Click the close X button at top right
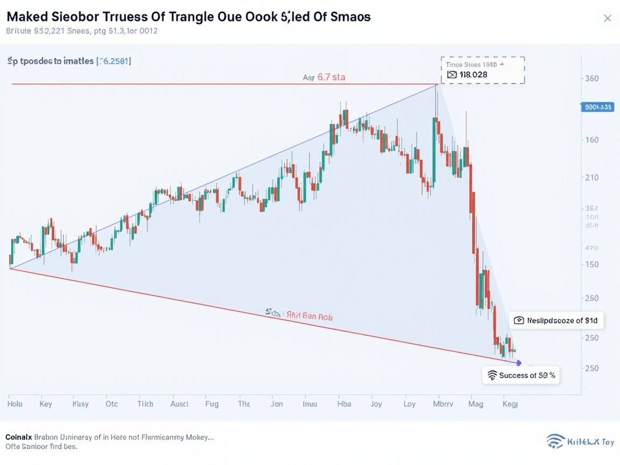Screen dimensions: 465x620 607,18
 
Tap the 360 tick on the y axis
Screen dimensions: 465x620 591,79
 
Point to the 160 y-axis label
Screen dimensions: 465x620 591,140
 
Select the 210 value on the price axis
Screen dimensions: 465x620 591,178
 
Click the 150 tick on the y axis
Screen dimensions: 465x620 591,264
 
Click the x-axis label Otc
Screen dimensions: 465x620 112,404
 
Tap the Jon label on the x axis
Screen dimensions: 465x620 276,404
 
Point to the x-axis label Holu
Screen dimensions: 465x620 15,404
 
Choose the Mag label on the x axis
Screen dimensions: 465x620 475,404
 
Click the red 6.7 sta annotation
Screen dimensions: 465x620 331,77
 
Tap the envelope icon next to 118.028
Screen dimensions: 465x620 452,75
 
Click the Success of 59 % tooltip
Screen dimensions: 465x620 520,375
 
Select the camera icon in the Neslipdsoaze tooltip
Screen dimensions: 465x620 519,320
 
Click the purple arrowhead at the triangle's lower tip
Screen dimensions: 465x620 519,363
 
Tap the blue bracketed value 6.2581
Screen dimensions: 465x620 114,61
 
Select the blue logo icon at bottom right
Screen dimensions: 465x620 555,441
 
